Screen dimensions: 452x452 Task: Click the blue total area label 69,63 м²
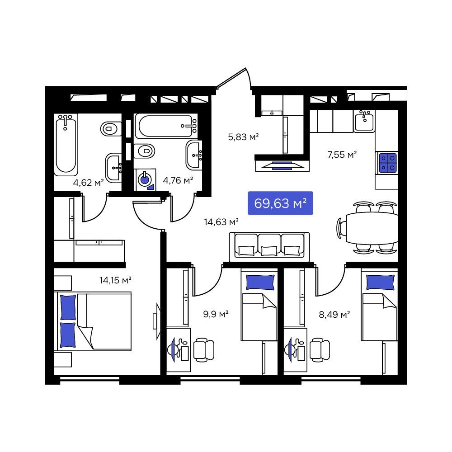pos(280,203)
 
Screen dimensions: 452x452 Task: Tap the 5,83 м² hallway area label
pos(243,137)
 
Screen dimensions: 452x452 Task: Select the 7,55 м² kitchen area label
pos(342,155)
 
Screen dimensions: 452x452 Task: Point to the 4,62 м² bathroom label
pos(88,183)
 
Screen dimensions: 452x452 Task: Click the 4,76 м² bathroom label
pos(178,180)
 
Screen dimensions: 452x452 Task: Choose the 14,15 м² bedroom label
pos(115,280)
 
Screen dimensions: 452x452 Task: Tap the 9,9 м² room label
pos(216,314)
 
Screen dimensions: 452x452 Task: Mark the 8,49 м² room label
pos(334,314)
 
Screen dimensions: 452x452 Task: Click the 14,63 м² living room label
pos(221,222)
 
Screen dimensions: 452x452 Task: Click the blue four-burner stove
pos(388,163)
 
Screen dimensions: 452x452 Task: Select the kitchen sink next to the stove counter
pos(364,121)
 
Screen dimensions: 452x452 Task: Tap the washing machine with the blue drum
pos(145,179)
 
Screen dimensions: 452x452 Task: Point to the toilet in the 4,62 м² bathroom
pos(111,128)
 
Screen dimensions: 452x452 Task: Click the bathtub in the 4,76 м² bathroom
pos(166,126)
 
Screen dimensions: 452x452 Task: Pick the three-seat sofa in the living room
pos(269,247)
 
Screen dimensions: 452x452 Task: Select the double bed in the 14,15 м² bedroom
pos(93,321)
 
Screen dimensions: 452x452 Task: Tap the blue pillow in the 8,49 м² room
pos(380,282)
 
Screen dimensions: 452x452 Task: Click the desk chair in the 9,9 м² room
pos(204,350)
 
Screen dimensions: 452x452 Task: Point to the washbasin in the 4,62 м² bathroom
pos(114,168)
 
